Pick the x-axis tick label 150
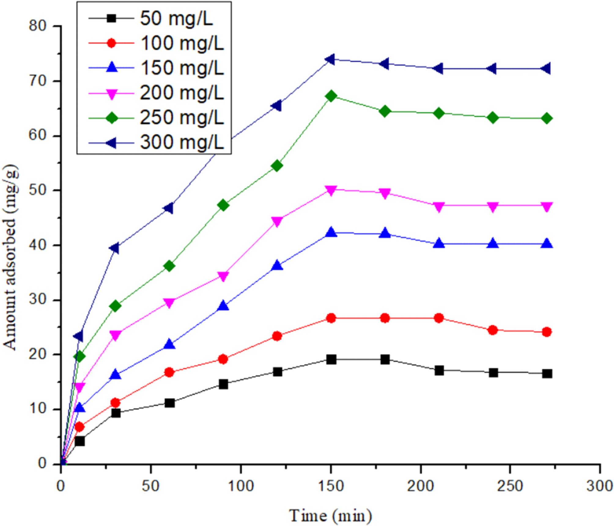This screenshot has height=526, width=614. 331,486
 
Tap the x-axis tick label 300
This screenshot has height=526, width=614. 600,486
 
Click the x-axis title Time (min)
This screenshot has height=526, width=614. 331,516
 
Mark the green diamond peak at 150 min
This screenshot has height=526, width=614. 331,96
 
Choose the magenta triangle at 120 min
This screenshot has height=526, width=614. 277,221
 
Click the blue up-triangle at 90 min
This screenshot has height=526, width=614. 223,306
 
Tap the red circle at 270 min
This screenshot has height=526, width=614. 547,332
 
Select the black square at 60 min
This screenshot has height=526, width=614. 169,403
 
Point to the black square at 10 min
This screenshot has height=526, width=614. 80,441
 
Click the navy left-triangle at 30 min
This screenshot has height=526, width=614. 115,248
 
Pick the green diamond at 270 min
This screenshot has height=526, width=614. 547,118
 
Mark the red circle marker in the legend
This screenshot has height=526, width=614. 112,43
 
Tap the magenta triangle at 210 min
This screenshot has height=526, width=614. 439,207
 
